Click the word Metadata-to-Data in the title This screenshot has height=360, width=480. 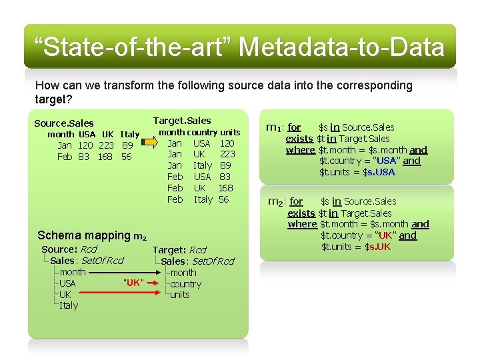(x=341, y=47)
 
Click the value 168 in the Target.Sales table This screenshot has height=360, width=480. (x=225, y=188)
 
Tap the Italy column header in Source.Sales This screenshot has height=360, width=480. (x=129, y=134)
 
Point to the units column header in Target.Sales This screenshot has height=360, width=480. (x=230, y=132)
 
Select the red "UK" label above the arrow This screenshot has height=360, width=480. (x=133, y=282)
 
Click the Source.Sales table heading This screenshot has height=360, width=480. (x=64, y=123)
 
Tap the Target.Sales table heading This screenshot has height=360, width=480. (x=182, y=121)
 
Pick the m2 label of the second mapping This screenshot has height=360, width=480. (x=275, y=201)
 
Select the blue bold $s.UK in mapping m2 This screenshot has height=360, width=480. (x=377, y=247)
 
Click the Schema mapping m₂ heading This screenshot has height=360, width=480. (x=92, y=235)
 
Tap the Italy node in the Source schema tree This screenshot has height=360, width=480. (x=69, y=305)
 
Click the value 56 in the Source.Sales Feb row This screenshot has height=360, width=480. (x=127, y=157)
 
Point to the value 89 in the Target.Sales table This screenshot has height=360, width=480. (x=225, y=165)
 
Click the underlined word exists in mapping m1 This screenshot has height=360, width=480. (x=299, y=138)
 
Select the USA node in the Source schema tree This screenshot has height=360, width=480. (x=67, y=283)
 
